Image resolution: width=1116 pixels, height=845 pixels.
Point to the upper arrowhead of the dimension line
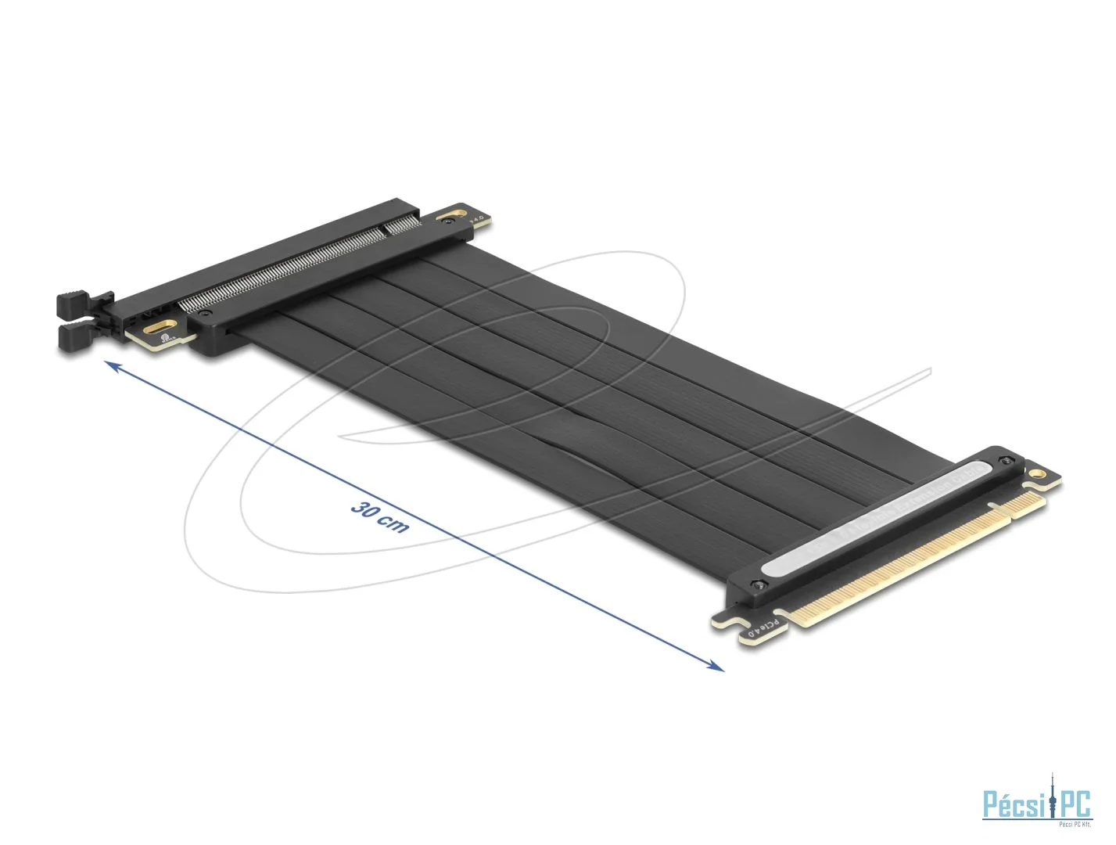tap(112, 366)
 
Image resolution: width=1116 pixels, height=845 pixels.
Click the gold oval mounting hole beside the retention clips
tap(163, 326)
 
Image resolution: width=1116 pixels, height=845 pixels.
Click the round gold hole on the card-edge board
tap(1037, 474)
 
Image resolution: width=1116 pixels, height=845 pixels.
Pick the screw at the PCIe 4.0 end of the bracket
tap(755, 585)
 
